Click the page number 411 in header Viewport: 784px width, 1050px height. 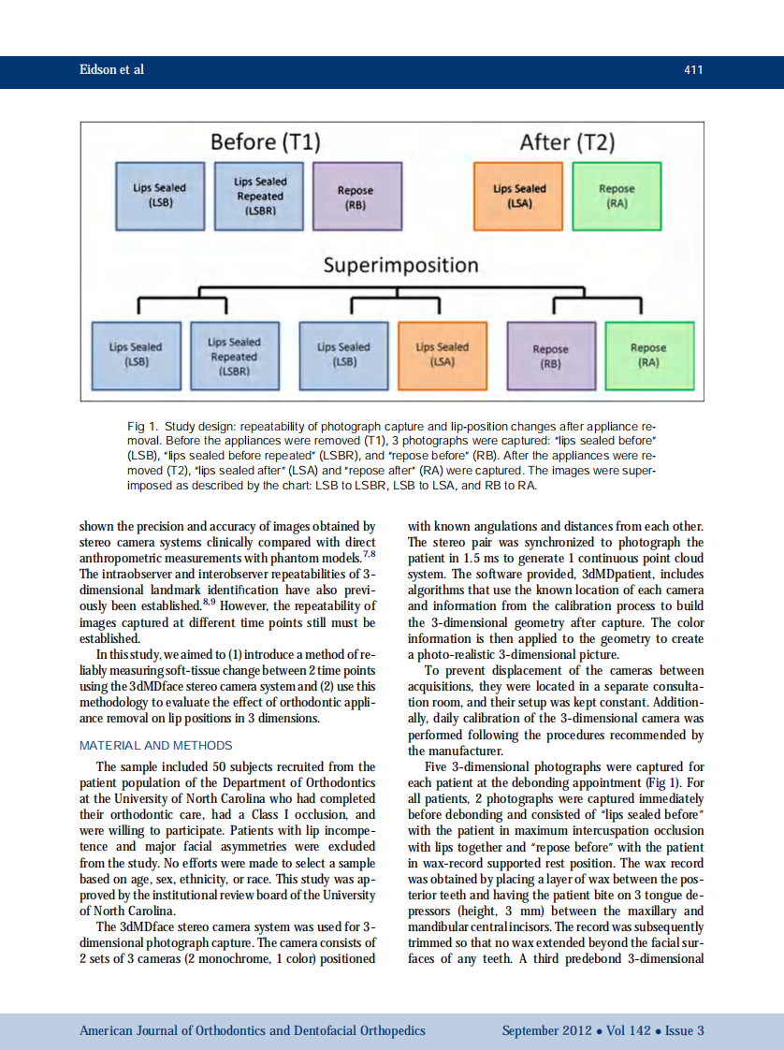click(692, 70)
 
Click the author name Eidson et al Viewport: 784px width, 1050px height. click(111, 70)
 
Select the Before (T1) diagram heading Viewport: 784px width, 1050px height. click(266, 142)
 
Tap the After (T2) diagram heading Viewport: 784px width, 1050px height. click(567, 142)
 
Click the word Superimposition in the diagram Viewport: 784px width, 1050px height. click(400, 265)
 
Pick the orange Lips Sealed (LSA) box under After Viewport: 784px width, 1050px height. click(519, 195)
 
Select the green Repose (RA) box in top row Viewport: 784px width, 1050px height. click(617, 195)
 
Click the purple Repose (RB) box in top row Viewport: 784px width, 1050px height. click(356, 196)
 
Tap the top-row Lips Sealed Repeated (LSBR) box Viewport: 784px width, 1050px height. click(260, 196)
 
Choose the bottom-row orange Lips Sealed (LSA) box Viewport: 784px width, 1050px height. click(442, 355)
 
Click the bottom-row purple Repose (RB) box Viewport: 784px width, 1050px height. click(550, 356)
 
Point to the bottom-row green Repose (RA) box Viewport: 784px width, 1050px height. click(648, 355)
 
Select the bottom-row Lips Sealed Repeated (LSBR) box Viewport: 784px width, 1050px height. click(234, 356)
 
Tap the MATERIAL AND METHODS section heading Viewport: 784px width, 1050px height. click(155, 745)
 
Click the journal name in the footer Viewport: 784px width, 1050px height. click(252, 1030)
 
